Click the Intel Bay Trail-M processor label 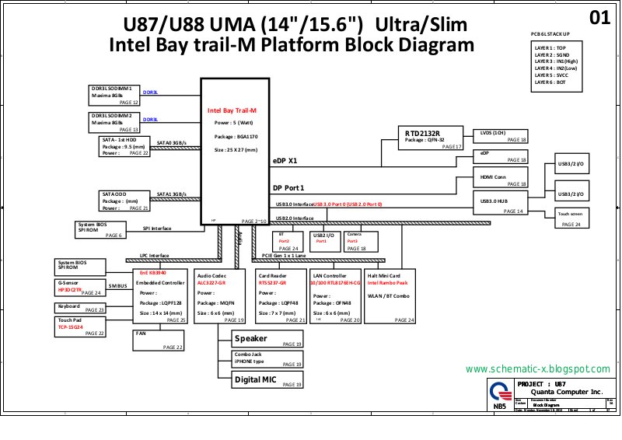coord(232,110)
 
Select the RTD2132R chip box coord(431,137)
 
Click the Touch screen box coord(572,218)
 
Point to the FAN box coord(158,340)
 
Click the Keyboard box coord(80,308)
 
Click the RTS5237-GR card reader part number coord(272,283)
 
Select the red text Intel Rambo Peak coord(388,283)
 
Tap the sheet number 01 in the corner coord(600,18)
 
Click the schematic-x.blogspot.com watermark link coord(537,368)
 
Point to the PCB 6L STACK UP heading coord(550,34)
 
